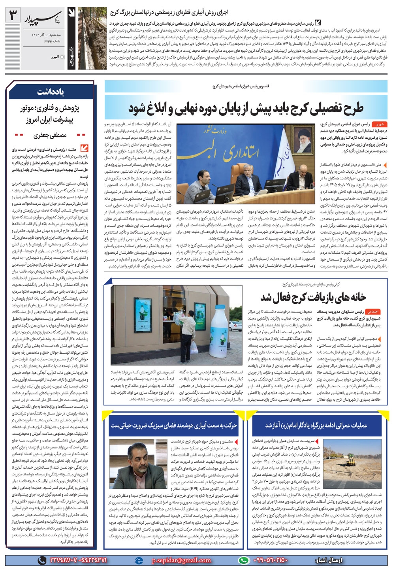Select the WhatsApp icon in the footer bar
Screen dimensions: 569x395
244,560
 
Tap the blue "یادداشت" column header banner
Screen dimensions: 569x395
51,92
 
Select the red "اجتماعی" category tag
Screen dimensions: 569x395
373,311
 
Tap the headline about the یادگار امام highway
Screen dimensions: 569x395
316,426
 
